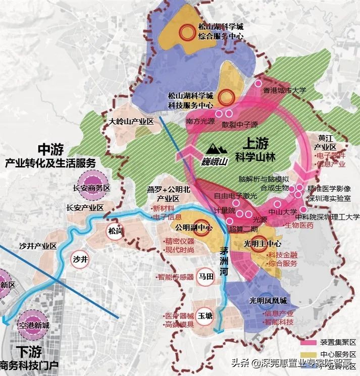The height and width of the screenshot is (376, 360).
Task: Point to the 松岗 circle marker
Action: (115, 231)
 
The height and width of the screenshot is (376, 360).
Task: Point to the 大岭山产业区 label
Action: (131, 122)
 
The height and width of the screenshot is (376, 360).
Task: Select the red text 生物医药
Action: (299, 226)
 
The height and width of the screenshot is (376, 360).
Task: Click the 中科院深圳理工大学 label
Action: (321, 217)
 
